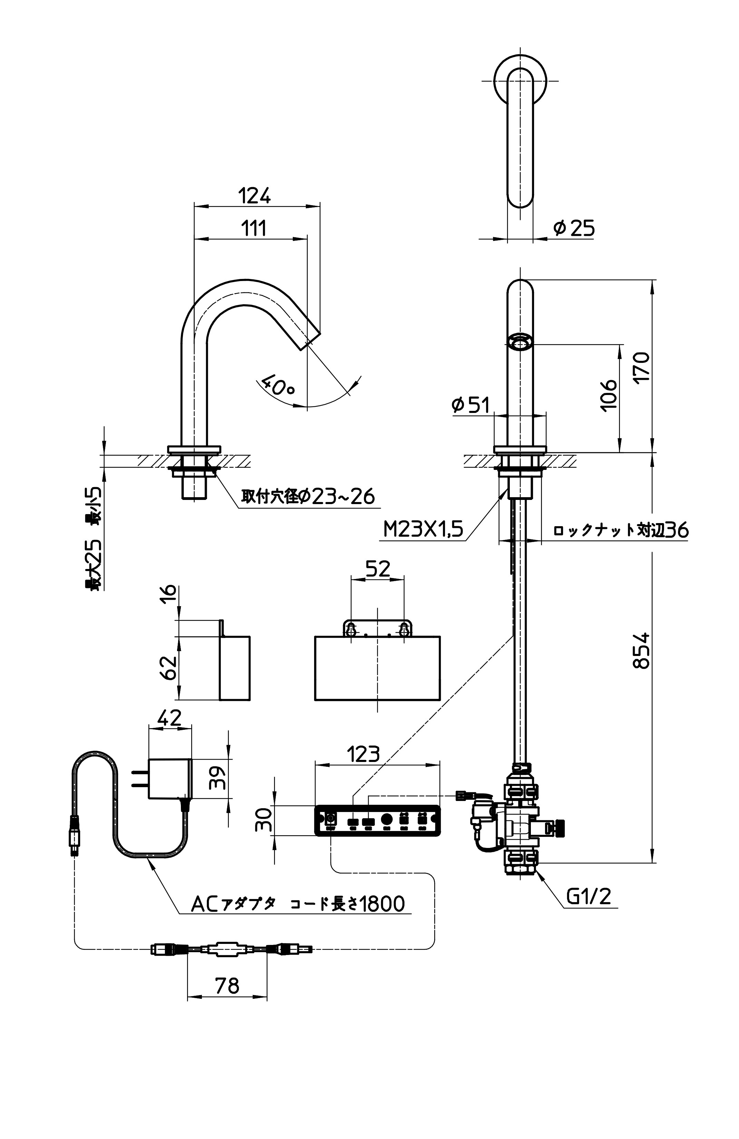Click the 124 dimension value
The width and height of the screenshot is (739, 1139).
(254, 196)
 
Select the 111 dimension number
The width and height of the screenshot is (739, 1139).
(253, 228)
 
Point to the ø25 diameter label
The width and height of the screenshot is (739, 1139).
(574, 228)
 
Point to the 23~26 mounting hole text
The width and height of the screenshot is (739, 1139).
(343, 496)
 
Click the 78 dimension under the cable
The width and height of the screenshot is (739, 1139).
(227, 985)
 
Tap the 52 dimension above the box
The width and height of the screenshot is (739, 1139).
(377, 569)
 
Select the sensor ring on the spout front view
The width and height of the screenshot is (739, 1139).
(519, 342)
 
